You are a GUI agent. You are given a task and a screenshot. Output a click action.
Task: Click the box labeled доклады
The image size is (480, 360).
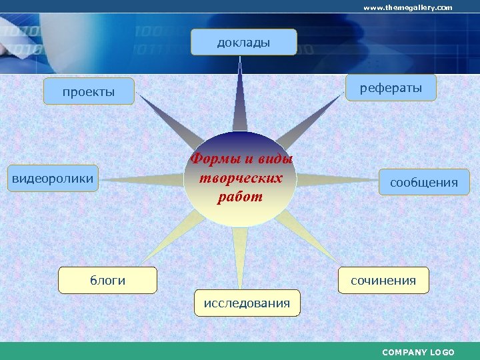click(243, 42)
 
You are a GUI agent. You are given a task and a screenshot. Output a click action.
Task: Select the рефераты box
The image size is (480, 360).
click(391, 87)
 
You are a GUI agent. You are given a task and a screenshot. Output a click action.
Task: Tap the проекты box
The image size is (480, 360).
click(89, 91)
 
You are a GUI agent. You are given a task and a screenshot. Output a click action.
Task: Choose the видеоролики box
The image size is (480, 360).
click(53, 178)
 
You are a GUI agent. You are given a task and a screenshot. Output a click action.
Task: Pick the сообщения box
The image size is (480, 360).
click(424, 182)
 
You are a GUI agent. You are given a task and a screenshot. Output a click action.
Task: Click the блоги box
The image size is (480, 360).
click(107, 280)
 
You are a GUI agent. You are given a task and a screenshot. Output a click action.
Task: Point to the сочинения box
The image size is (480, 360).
click(383, 280)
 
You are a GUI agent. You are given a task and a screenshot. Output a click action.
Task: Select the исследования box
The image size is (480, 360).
click(247, 303)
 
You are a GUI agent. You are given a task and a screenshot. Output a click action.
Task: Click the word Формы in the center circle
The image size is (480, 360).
click(215, 159)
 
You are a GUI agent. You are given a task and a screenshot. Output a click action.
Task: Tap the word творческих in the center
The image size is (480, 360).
click(241, 178)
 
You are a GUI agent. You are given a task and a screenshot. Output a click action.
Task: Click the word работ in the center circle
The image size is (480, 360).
click(240, 197)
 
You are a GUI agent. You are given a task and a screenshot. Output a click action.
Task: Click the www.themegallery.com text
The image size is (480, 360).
click(407, 7)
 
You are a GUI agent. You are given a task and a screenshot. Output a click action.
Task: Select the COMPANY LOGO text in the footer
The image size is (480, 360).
click(418, 352)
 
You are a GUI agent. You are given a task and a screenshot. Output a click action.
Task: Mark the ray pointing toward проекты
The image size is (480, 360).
click(167, 120)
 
